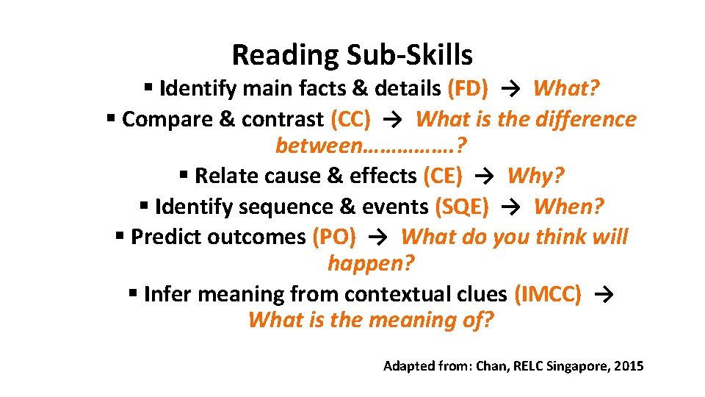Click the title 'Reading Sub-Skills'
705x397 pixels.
[352, 54]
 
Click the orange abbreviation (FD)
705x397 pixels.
[467, 89]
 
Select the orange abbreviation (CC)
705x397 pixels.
[350, 119]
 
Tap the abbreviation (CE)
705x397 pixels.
[443, 176]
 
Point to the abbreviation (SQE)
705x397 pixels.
[462, 207]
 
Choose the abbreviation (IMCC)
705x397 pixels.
[548, 294]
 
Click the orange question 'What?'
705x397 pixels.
[566, 89]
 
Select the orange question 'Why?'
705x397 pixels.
[536, 176]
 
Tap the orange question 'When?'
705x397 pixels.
[569, 207]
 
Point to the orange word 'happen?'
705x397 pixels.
[371, 262]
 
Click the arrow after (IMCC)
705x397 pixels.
[602, 294]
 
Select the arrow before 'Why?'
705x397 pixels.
[485, 176]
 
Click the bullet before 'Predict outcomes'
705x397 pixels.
[120, 236]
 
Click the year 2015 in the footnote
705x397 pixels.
[629, 365]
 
